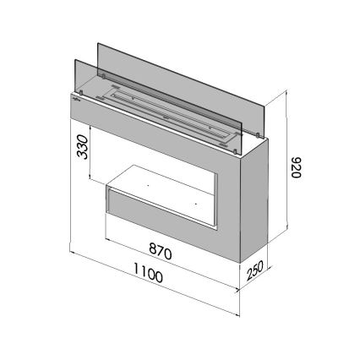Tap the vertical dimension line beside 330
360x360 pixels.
point(90,152)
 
